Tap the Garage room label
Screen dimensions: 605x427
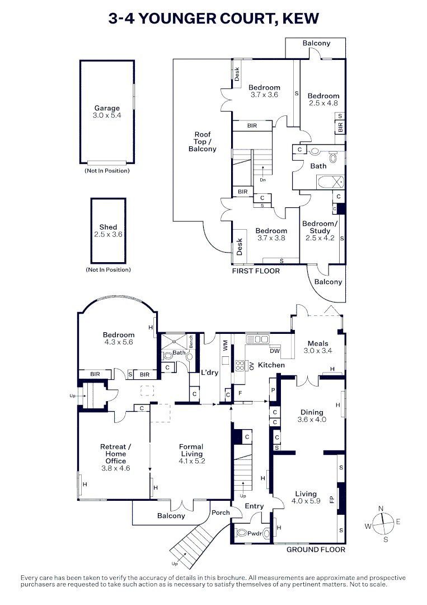106,108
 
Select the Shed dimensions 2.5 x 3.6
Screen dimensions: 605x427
108,235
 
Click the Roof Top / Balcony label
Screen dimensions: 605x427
202,142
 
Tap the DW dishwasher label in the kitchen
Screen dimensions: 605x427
275,351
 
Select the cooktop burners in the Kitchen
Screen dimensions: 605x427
241,366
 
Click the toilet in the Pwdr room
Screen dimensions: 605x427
243,533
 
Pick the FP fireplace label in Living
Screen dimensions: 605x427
332,497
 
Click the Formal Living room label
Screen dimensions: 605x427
191,450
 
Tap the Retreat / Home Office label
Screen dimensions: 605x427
115,454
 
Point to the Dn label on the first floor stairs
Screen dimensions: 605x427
262,180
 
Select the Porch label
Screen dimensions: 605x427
220,513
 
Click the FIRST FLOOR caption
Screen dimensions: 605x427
256,271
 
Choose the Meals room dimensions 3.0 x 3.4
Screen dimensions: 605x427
318,351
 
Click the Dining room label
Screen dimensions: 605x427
312,412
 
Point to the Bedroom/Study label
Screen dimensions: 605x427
320,227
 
